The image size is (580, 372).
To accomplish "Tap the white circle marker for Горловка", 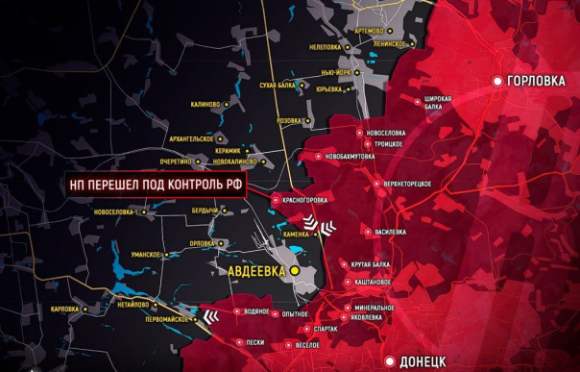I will coord(498,82).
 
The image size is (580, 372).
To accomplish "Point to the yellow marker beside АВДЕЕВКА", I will coord(296,272).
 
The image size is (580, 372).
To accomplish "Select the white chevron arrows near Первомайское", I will coord(209,315).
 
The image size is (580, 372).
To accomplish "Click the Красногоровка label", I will coord(303,200).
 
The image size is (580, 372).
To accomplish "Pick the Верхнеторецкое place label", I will coord(407,184).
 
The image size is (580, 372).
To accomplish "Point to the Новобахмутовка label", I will coord(350,156).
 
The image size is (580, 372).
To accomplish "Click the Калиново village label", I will coord(206,104).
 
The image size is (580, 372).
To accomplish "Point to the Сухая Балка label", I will coord(278,86).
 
